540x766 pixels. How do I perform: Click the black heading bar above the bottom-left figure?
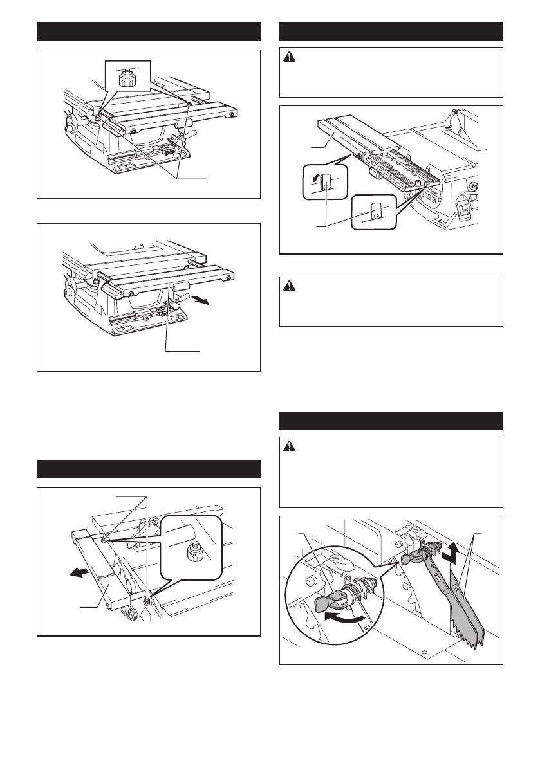148,468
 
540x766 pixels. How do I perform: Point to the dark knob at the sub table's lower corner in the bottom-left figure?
147,601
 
